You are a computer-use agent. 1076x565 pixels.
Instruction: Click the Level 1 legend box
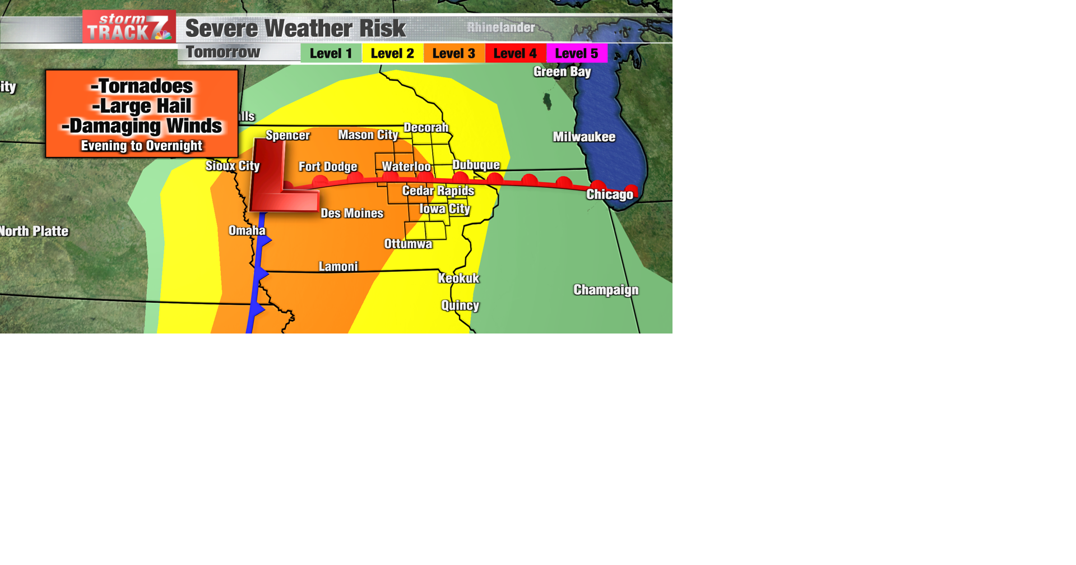coord(331,53)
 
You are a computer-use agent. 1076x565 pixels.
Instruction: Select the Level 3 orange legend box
coord(453,53)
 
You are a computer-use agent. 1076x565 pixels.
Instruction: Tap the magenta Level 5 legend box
coord(576,53)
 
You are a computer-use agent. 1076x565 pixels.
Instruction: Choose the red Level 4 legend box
coord(515,53)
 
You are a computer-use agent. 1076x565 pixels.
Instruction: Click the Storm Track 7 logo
coord(129,27)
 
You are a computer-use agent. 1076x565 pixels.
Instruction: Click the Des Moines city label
coord(352,213)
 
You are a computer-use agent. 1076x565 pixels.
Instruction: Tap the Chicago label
coord(609,194)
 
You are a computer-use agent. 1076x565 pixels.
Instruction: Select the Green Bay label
coord(562,72)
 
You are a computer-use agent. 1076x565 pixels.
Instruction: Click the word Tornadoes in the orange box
coord(142,86)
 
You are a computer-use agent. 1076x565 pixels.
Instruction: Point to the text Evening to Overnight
coord(141,146)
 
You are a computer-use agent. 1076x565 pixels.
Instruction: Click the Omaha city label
coord(247,230)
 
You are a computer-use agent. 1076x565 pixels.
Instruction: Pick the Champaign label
coord(606,290)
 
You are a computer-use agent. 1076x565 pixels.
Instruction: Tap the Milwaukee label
coord(584,137)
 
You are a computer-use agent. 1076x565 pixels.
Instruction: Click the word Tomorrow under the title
coord(223,52)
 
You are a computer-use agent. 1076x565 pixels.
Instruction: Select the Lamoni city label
coord(338,266)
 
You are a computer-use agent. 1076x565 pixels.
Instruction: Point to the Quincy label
coord(460,305)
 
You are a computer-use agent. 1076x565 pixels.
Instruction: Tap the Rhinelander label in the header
coord(500,27)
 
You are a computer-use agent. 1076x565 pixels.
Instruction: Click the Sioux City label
coord(233,166)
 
